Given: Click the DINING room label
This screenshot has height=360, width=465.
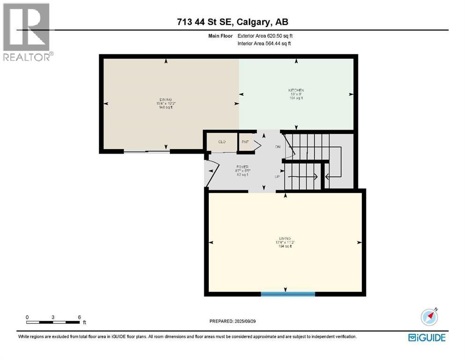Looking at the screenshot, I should [166, 99].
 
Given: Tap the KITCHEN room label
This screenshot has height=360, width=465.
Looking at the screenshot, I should [296, 90].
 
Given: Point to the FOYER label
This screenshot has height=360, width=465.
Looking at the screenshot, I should [242, 166].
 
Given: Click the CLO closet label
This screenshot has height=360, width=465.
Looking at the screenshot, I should [222, 142].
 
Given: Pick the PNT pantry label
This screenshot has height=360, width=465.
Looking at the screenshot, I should [244, 142].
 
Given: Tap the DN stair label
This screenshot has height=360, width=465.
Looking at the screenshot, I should [277, 147].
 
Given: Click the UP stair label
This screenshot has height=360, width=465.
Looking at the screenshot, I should [277, 177].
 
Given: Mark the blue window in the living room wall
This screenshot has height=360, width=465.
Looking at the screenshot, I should [288, 294].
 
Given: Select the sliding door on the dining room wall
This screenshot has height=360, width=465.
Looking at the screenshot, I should [146, 151].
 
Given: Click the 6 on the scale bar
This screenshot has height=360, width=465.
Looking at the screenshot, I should [80, 317].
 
